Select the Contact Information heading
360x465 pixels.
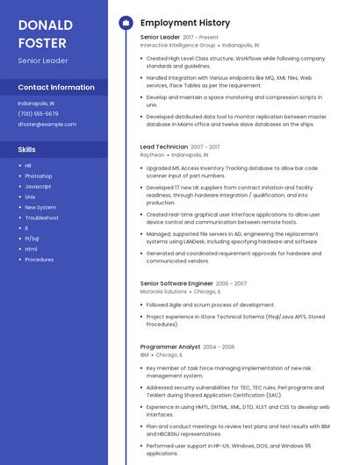coord(56,88)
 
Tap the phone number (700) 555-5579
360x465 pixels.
coord(38,113)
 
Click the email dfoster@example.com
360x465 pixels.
coord(47,124)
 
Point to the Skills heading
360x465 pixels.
coord(26,150)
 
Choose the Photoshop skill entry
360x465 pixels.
coord(39,176)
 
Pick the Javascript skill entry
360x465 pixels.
coord(38,187)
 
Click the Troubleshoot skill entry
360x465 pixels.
coord(41,218)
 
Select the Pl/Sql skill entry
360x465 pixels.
coord(32,239)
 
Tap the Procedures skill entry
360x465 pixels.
coord(39,260)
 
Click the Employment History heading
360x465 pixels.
coord(184,23)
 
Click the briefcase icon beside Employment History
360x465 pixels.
coord(126,23)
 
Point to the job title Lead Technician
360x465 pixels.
coord(163,147)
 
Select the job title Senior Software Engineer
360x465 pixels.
coord(176,283)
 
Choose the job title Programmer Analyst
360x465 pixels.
coord(169,347)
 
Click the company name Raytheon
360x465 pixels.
coord(152,154)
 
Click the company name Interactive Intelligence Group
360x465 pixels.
coord(177,45)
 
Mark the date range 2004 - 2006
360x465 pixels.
coord(220,347)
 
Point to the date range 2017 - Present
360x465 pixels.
coord(200,38)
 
